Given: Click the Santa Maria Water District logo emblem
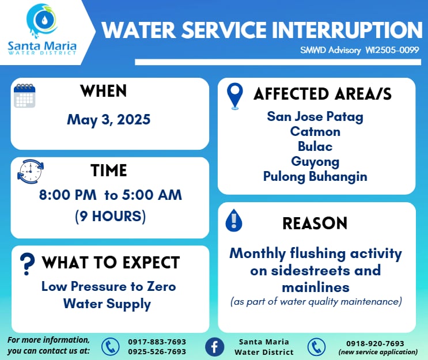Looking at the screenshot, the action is coord(42,20).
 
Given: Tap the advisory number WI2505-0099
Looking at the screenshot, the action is coord(392,50).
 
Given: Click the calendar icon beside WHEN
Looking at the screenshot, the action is coord(25,96).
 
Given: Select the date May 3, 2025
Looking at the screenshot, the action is coord(109,120).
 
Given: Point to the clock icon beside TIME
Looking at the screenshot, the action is coord(31,172).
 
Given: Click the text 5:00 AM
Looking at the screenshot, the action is coord(151,195).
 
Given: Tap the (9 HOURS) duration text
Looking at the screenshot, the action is coord(110,217).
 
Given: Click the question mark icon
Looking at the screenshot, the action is coord(27,264).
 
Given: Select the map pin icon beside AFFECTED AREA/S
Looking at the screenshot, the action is coord(235,96).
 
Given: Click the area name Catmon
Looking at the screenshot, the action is coord(315,131).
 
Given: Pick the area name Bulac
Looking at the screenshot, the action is coord(315,146).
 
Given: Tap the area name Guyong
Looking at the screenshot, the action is coord(315,162).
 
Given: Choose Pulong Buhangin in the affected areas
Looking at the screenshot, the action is coord(315,177).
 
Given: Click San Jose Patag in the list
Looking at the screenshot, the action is coord(315,117).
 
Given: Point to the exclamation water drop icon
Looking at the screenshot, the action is coord(234,221).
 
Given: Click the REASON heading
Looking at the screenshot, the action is coord(315,223).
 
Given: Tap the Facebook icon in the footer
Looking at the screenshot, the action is coord(214,347).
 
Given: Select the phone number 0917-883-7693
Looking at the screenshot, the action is coord(157,342).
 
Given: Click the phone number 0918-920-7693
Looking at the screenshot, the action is coord(375,343).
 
